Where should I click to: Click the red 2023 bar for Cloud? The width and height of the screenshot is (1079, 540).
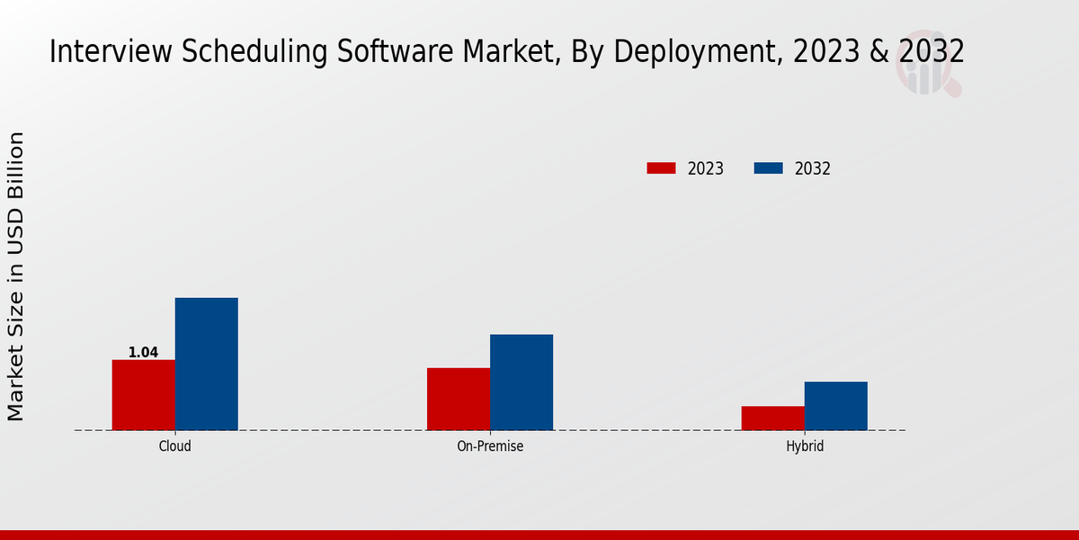point(143,395)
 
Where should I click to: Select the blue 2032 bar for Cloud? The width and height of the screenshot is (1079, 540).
point(206,364)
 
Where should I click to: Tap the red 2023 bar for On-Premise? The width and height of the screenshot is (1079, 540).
point(459,399)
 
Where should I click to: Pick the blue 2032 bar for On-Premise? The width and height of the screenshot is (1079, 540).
point(522,382)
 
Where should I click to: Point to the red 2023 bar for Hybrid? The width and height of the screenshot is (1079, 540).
point(773,418)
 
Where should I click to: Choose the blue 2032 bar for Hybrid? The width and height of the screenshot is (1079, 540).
point(836,406)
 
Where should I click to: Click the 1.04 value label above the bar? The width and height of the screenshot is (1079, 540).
point(143,353)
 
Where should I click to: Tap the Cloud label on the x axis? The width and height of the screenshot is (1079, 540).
point(174,446)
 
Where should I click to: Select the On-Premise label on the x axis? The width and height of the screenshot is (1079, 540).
point(490,446)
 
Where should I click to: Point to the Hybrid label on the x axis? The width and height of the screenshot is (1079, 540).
point(805,446)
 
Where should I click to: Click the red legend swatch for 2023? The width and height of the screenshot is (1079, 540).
point(661,168)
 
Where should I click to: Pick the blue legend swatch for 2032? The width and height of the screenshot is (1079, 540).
point(768,168)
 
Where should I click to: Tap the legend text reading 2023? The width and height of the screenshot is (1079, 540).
point(706,168)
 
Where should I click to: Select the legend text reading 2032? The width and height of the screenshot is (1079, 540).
point(813,168)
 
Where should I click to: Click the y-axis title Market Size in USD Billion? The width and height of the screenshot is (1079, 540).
point(16,276)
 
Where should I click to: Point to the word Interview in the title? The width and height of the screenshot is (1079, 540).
point(100,52)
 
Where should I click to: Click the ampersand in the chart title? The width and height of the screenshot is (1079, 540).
point(879,52)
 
